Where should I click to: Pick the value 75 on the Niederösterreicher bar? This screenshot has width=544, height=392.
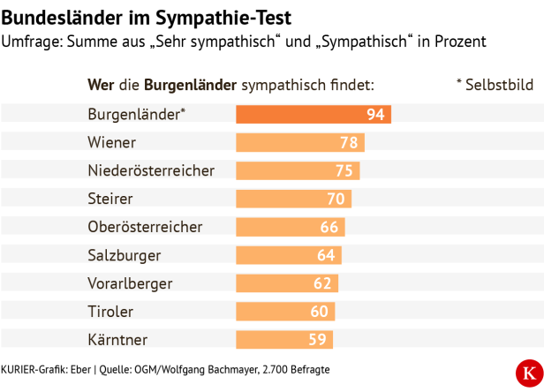click(x=344, y=171)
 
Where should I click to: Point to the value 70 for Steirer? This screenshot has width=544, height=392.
click(x=336, y=200)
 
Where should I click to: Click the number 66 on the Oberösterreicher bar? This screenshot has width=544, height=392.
click(x=329, y=227)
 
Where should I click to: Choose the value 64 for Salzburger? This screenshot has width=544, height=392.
click(x=326, y=255)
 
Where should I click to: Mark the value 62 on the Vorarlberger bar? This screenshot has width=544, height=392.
click(x=322, y=283)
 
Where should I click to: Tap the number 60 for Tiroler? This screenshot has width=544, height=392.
click(x=319, y=312)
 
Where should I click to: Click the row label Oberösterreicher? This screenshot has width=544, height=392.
click(x=145, y=227)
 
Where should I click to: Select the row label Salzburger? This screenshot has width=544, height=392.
click(x=125, y=255)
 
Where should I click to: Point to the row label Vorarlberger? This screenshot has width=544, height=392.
click(x=130, y=283)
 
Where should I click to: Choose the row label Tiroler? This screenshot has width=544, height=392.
click(x=110, y=312)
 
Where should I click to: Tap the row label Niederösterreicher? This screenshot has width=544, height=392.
click(x=151, y=171)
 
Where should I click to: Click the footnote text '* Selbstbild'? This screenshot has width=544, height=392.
click(x=495, y=86)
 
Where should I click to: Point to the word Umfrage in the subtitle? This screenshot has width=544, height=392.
click(x=33, y=42)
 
